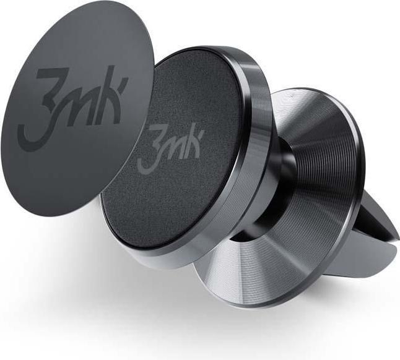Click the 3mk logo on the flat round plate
click(80, 102)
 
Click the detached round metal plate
click(68, 155)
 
